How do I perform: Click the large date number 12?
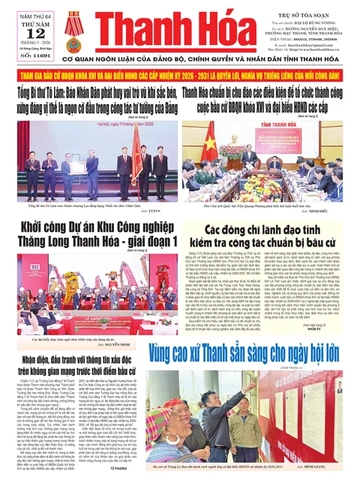click(31, 25)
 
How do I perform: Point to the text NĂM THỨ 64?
click(30, 7)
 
